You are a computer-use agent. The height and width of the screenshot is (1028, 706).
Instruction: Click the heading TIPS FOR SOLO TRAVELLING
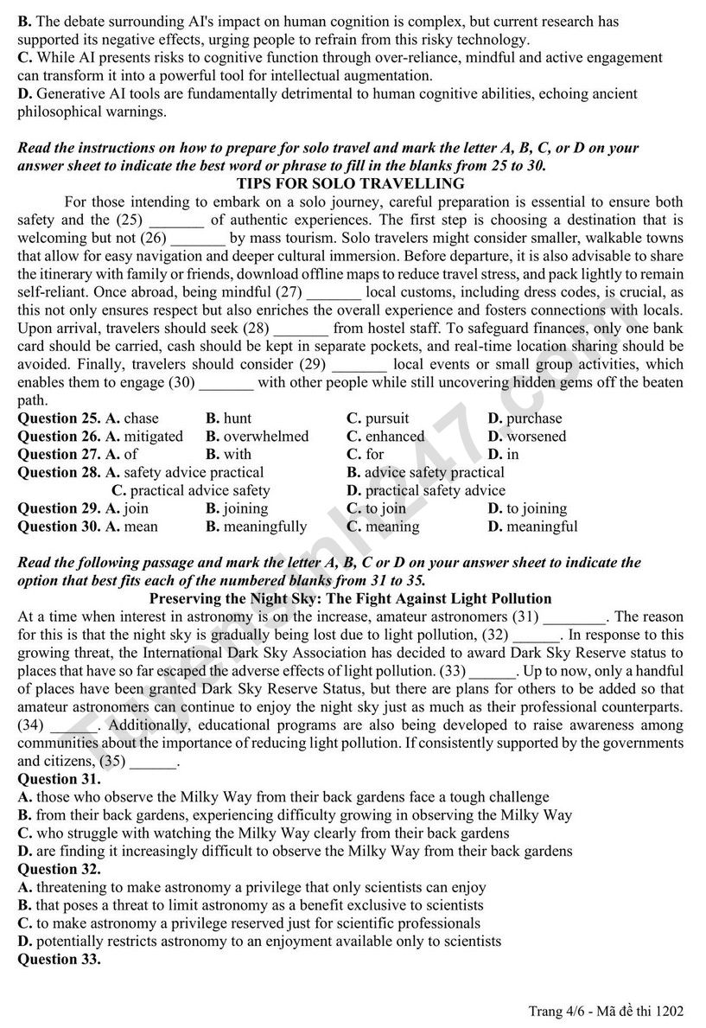[x=350, y=183]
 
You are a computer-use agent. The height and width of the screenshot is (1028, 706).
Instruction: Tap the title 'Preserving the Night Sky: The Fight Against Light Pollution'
[x=350, y=598]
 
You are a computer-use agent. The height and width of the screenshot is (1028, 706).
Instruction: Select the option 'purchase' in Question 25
[x=533, y=418]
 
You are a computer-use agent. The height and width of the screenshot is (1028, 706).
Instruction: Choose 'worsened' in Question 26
[x=536, y=437]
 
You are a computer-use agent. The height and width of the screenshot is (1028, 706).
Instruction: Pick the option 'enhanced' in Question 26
[x=394, y=437]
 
